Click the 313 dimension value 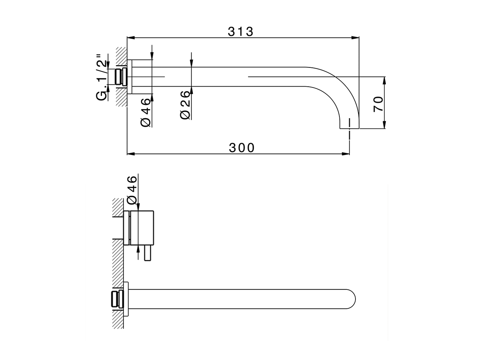[241, 31]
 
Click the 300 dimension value [242, 148]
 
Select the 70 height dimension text [378, 103]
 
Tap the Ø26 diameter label [185, 105]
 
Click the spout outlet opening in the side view [349, 128]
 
